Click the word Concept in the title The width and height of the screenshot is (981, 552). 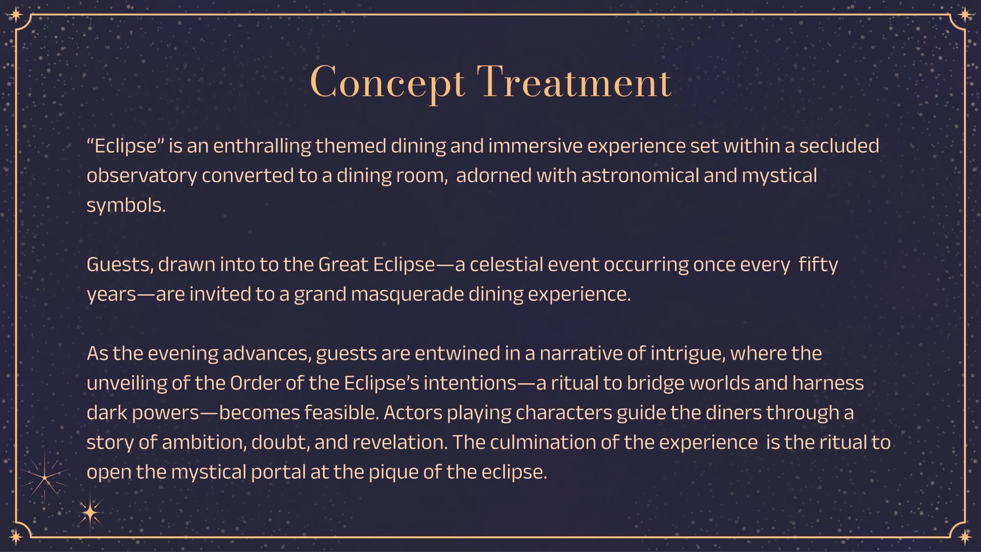point(388,83)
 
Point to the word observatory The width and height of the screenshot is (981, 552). point(142,176)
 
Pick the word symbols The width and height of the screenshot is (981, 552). point(126,205)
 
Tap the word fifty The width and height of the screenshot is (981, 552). point(818,265)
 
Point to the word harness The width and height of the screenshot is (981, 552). point(828,383)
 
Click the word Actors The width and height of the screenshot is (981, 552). point(413,412)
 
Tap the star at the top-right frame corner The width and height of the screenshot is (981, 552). point(965,14)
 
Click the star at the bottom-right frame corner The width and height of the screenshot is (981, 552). point(965,537)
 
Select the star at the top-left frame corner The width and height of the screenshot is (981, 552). point(16,14)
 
